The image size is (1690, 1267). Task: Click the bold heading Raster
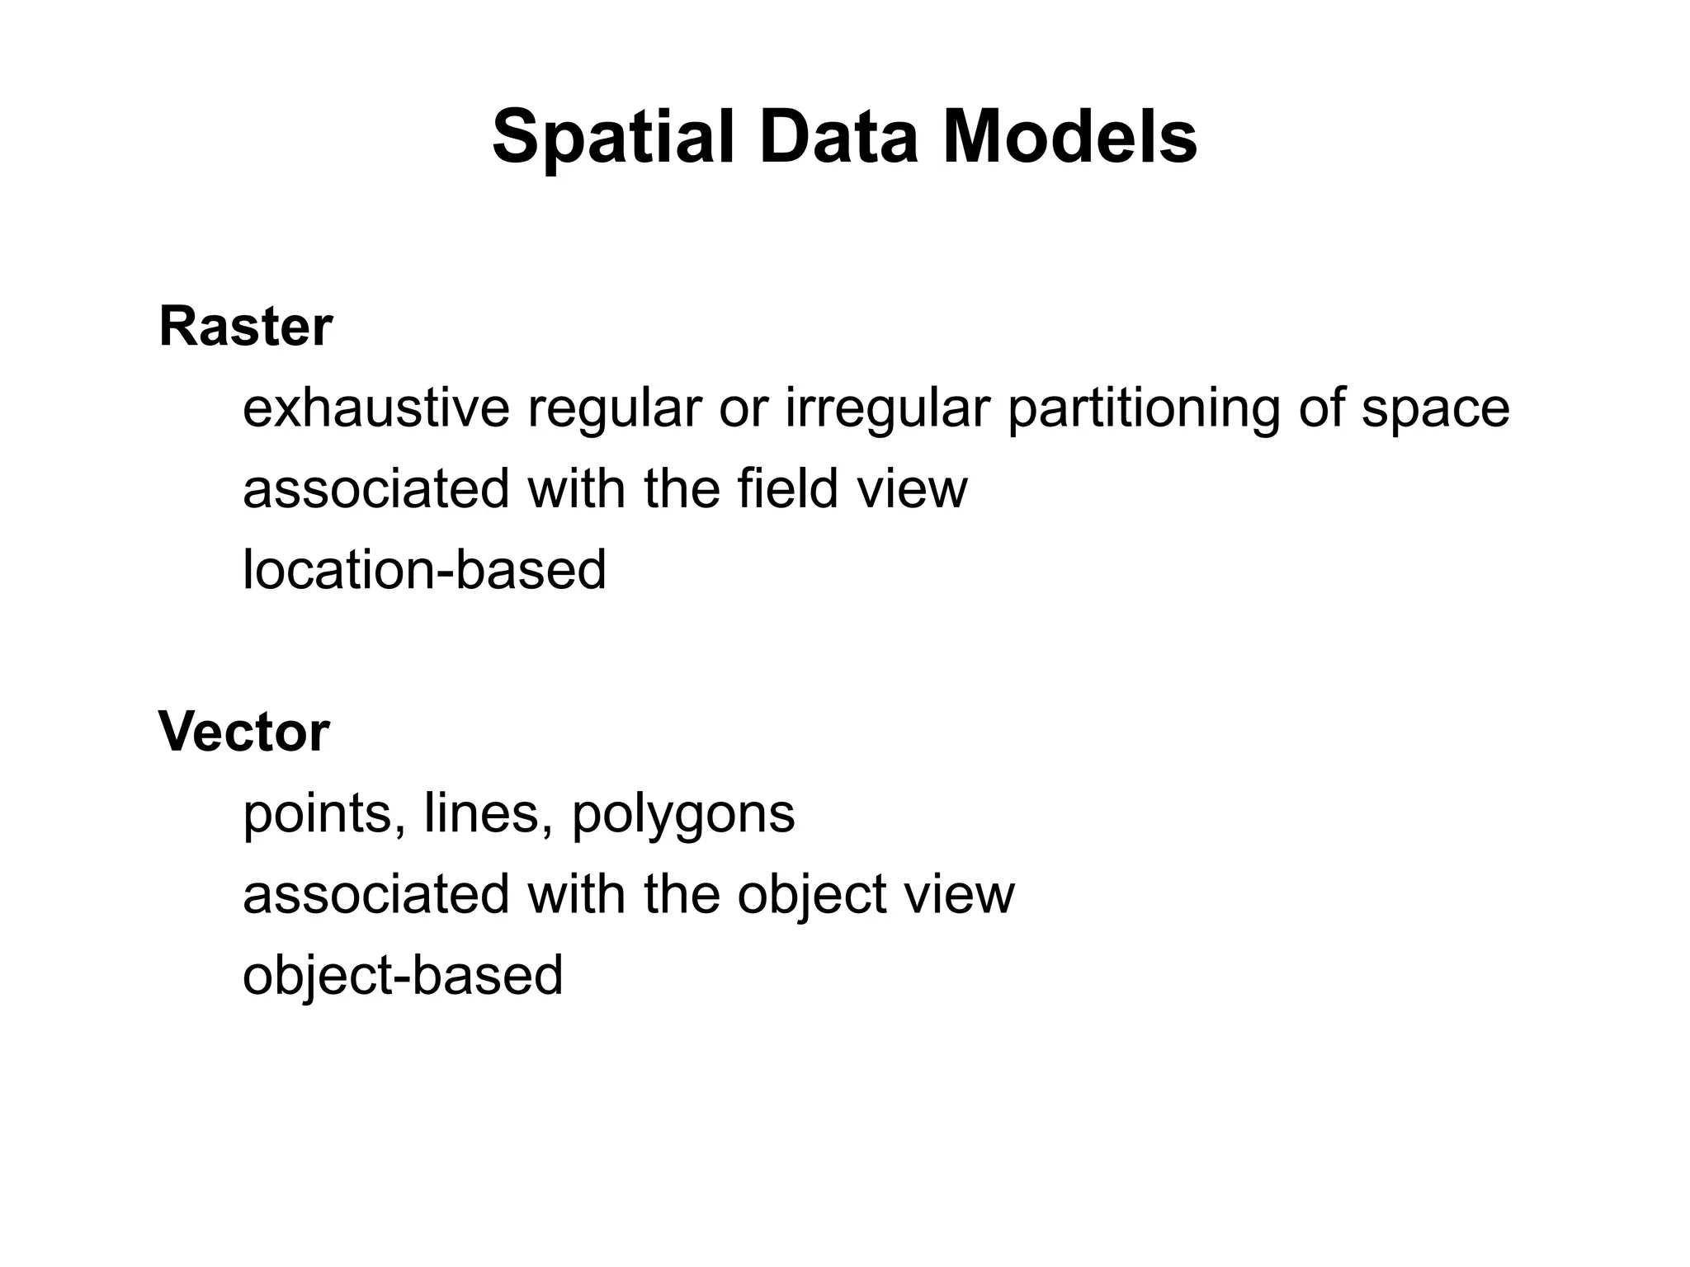[x=246, y=327]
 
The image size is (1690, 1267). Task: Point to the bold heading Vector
[x=244, y=732]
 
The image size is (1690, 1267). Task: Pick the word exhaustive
[x=376, y=407]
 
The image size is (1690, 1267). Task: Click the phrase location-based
[x=425, y=569]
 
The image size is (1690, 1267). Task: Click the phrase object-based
[x=403, y=977]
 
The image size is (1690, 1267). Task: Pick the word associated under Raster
[x=376, y=488]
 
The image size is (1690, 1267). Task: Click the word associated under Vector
[x=376, y=894]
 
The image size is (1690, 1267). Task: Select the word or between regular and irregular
[x=742, y=409]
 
